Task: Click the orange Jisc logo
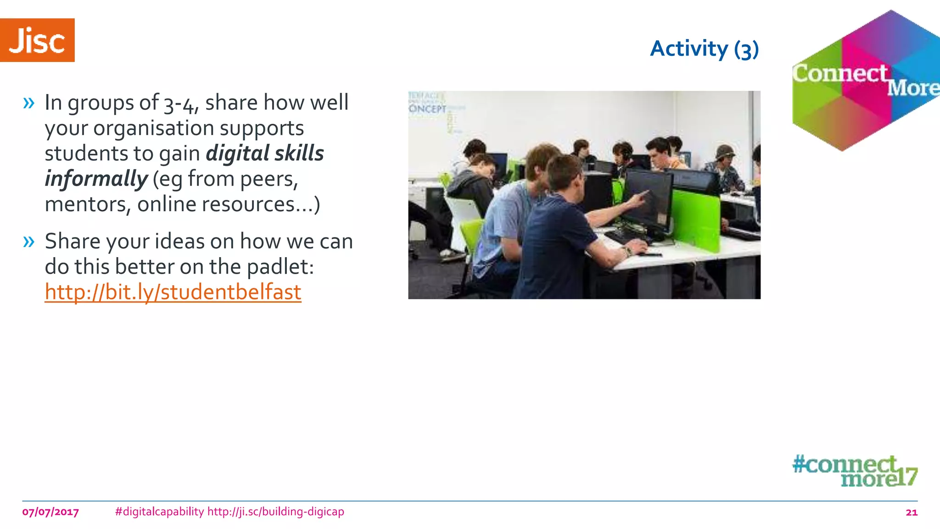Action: point(37,40)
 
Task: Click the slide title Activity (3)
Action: point(705,49)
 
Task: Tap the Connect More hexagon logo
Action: point(865,80)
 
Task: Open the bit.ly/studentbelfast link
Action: point(173,292)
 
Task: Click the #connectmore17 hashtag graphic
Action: point(855,471)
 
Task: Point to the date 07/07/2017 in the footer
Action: point(50,512)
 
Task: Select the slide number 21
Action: point(911,512)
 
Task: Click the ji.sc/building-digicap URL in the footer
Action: point(275,512)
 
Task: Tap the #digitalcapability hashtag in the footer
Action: point(159,512)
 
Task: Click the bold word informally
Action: point(96,179)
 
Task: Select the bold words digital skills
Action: point(265,153)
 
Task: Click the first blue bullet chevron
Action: point(28,103)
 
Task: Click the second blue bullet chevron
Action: point(28,242)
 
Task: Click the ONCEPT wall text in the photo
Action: point(427,109)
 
